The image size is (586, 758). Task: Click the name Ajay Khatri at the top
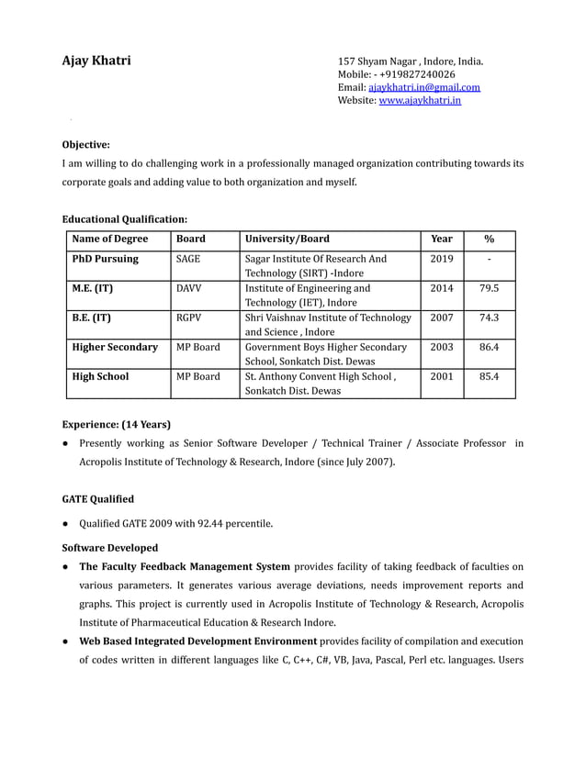96,61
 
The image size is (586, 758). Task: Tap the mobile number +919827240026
417,74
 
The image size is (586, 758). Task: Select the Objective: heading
85,144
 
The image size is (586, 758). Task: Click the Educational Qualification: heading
124,219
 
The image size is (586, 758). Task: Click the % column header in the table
490,240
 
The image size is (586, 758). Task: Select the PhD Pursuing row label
105,259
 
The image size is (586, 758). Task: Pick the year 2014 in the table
442,288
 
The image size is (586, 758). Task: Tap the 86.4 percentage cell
490,347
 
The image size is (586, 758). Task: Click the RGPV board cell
188,318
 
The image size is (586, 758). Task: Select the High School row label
100,376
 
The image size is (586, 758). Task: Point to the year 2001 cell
442,376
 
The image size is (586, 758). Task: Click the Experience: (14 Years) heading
116,424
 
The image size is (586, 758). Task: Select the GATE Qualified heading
97,499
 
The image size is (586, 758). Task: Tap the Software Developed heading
109,548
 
